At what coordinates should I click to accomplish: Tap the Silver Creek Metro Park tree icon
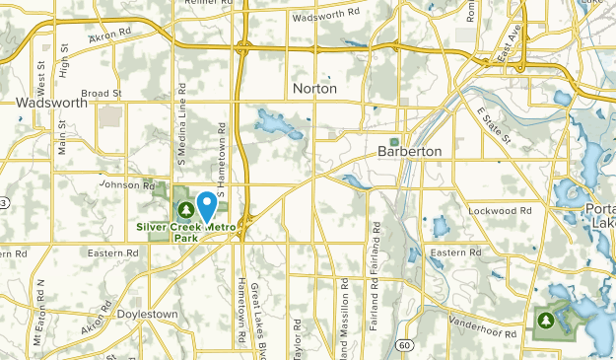185,209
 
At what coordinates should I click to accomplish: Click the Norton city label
315,89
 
